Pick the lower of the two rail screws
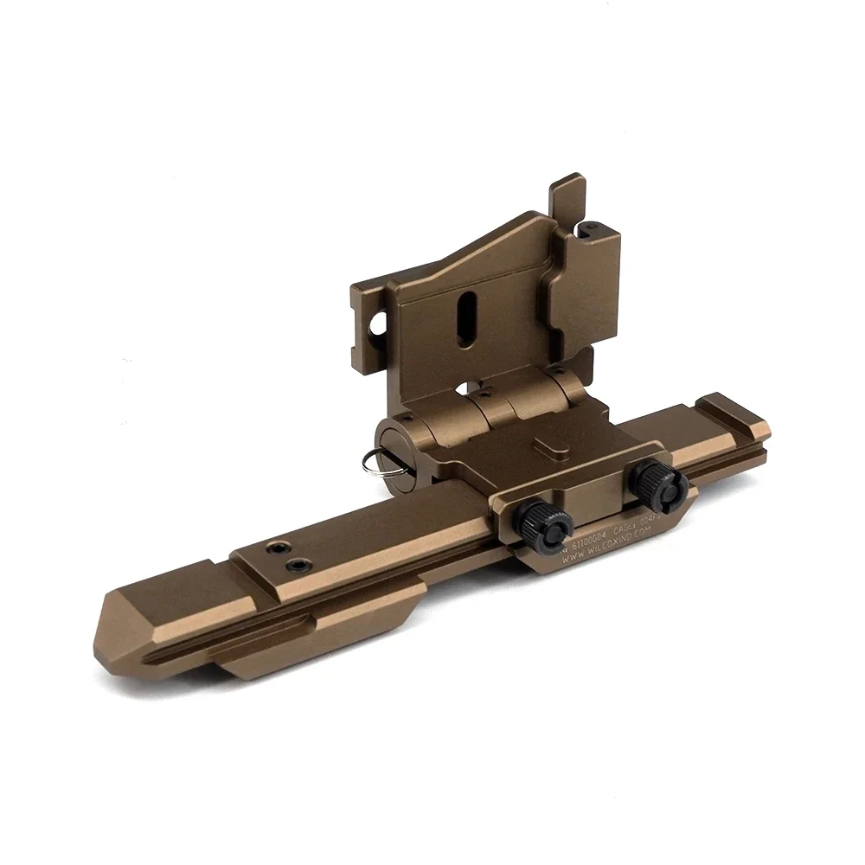pyautogui.click(x=299, y=566)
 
